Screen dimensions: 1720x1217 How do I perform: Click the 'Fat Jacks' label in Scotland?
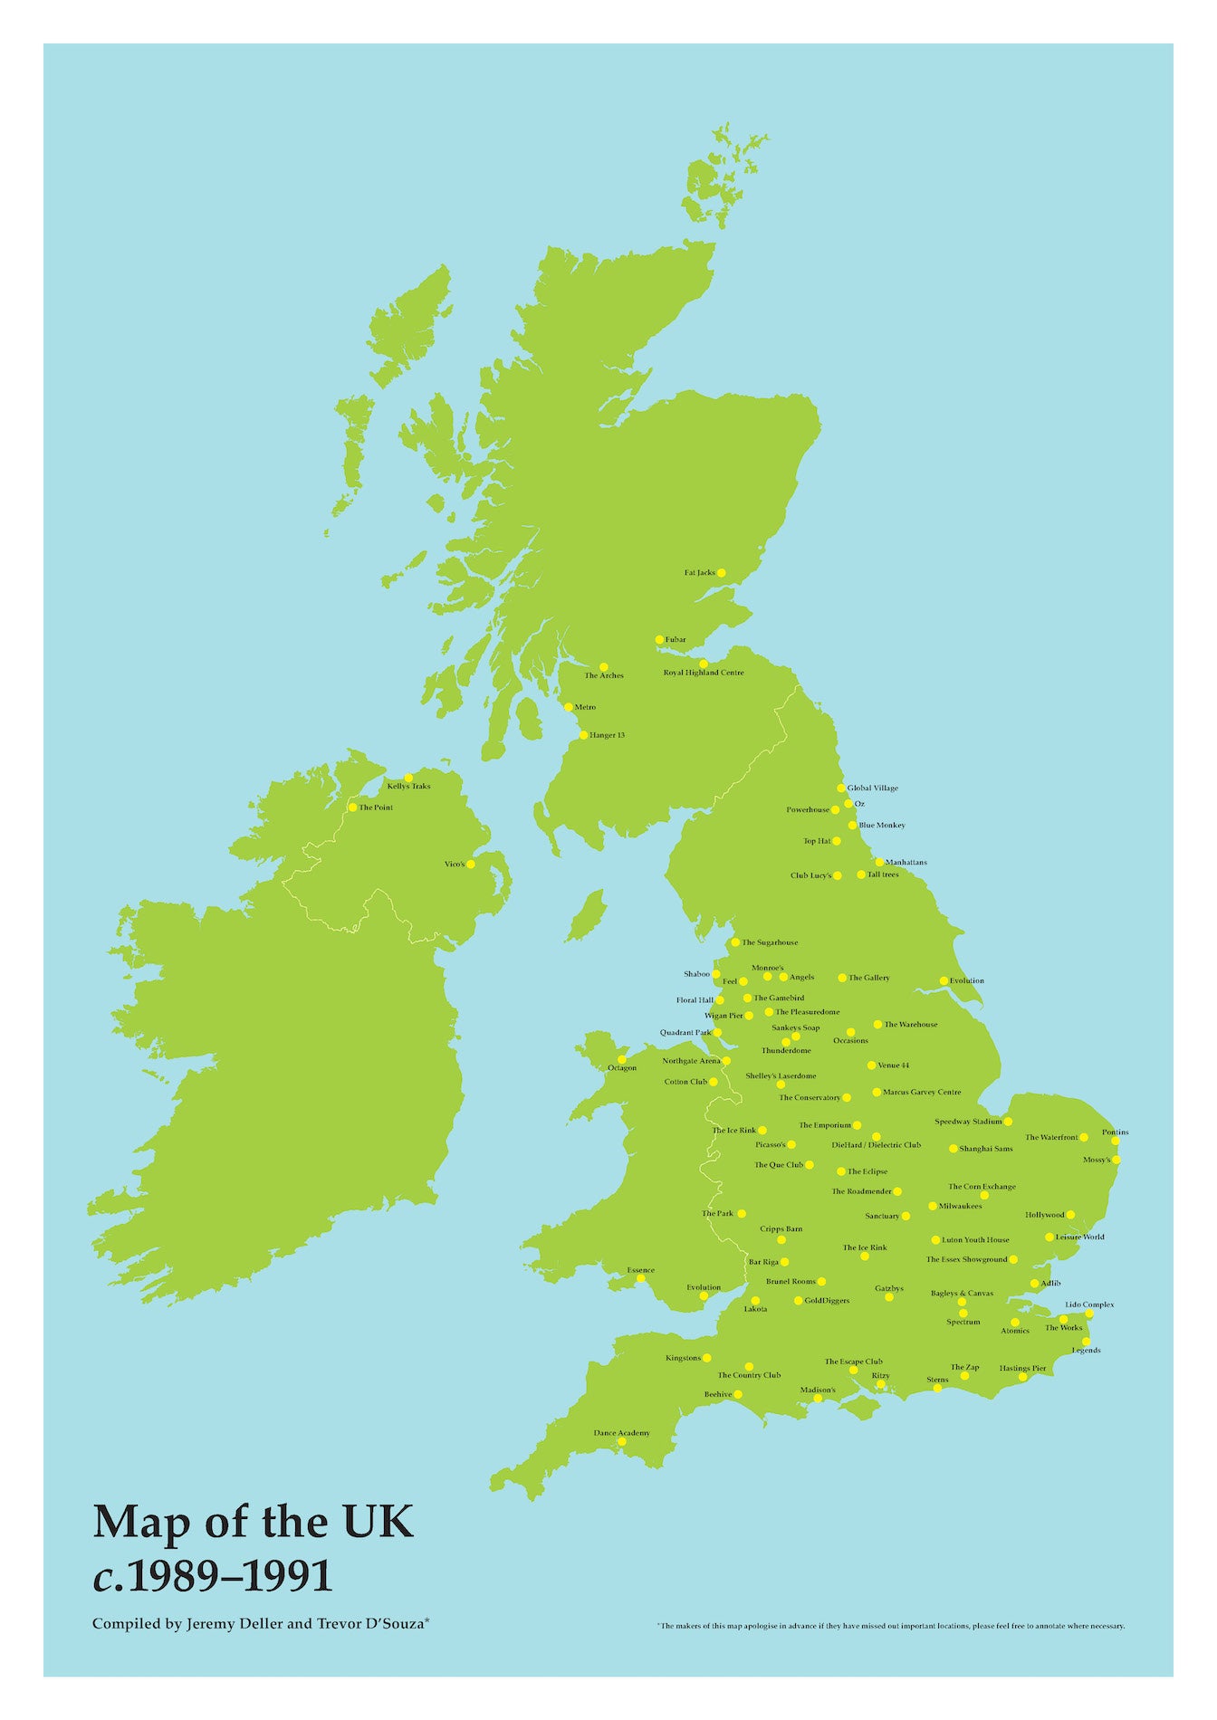pos(699,573)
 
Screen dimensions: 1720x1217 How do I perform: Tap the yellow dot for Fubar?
pos(659,640)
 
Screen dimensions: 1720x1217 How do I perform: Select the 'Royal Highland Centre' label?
pos(704,673)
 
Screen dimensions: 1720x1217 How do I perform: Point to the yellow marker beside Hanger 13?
pos(583,735)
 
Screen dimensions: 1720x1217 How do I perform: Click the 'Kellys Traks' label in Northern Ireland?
pos(408,787)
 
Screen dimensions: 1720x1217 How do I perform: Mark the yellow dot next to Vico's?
pos(471,864)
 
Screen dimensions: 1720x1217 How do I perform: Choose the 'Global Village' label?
pos(873,788)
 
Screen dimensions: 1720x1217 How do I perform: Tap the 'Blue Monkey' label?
pos(882,826)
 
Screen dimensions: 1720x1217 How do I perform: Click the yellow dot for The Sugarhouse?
pos(735,942)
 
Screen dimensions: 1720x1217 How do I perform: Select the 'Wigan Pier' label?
pos(723,1016)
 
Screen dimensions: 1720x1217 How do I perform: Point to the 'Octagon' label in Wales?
pos(622,1068)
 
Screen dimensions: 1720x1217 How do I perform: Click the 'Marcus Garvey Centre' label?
pos(922,1093)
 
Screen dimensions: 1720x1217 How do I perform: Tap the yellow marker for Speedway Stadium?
pos(1008,1122)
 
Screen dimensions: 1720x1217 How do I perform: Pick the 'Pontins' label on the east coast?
pos(1116,1132)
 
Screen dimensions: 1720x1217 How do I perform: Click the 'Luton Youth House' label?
pos(975,1240)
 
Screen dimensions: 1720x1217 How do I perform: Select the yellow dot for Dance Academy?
pos(622,1442)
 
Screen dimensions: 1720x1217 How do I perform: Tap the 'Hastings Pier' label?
pos(1022,1369)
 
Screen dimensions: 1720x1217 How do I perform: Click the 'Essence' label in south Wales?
pos(640,1270)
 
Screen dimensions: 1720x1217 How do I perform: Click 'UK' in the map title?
pos(375,1523)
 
